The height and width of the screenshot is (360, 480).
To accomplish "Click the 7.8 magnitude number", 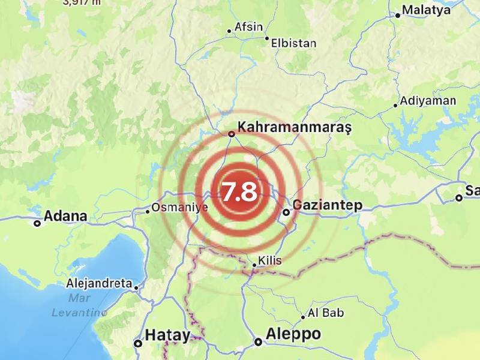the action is point(240,192).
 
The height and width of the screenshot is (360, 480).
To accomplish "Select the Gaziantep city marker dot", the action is point(287,212).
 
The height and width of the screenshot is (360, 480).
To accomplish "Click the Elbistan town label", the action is point(293,43).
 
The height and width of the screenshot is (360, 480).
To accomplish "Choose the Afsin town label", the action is point(248,27).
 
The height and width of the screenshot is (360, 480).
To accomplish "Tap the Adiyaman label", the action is point(428,101).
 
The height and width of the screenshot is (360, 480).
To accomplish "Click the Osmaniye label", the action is point(179,207).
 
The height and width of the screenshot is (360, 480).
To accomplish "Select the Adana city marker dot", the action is point(37,224).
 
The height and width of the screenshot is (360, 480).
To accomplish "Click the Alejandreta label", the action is point(100,283).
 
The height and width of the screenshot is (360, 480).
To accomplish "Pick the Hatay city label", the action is point(168,335).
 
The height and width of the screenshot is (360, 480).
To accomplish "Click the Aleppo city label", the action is point(294,334).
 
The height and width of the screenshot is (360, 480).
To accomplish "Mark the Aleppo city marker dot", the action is point(258,343).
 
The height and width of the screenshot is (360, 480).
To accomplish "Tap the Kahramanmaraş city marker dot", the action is point(232,134).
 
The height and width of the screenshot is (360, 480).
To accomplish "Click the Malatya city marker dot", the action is point(397,16).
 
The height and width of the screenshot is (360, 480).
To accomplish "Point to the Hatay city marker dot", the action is point(138,344).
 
